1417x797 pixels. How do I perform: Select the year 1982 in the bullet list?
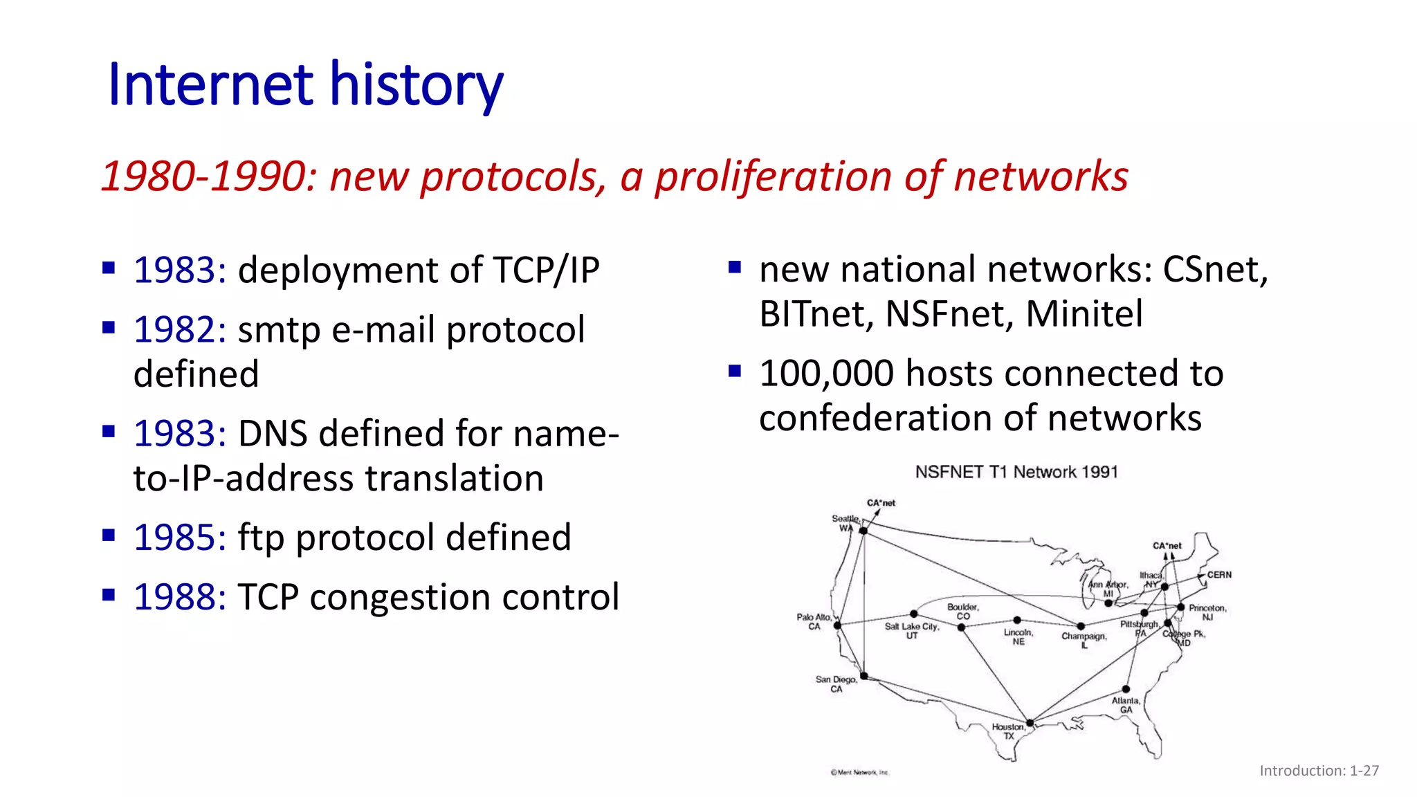pyautogui.click(x=179, y=329)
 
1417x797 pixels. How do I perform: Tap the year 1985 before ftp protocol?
pyautogui.click(x=179, y=538)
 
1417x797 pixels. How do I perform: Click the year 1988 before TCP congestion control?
pyautogui.click(x=179, y=597)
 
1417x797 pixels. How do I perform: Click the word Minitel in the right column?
pyautogui.click(x=1084, y=314)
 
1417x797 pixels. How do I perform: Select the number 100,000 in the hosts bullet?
pyautogui.click(x=826, y=374)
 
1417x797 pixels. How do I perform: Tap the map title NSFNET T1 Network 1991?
pyautogui.click(x=1016, y=472)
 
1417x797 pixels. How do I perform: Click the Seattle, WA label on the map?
pyautogui.click(x=845, y=523)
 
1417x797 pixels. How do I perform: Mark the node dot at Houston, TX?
pyautogui.click(x=1030, y=723)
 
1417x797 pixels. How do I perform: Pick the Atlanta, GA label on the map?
pyautogui.click(x=1126, y=705)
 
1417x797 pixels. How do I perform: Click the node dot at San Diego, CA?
pyautogui.click(x=863, y=676)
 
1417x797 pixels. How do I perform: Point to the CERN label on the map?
pyautogui.click(x=1219, y=575)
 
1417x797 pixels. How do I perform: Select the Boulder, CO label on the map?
pyautogui.click(x=962, y=612)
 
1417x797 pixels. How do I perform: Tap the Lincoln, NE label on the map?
pyautogui.click(x=1018, y=637)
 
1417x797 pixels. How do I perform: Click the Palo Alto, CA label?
pyautogui.click(x=814, y=621)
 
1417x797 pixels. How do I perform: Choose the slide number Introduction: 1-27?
pyautogui.click(x=1319, y=771)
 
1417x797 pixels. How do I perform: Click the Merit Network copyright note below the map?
pyautogui.click(x=859, y=772)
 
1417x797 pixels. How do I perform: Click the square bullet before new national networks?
pyautogui.click(x=735, y=267)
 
